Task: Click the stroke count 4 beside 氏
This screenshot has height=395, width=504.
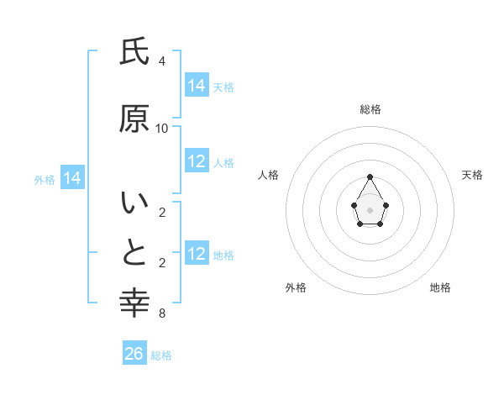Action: pyautogui.click(x=162, y=61)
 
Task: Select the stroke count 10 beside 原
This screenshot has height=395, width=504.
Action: pyautogui.click(x=162, y=129)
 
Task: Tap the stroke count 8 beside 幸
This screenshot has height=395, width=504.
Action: pyautogui.click(x=162, y=313)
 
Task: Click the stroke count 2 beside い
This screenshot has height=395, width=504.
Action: pyautogui.click(x=162, y=213)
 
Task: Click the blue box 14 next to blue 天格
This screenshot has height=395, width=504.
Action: pyautogui.click(x=197, y=86)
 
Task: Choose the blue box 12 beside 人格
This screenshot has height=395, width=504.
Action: pyautogui.click(x=197, y=161)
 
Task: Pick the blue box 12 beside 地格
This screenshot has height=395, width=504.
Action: pyautogui.click(x=197, y=254)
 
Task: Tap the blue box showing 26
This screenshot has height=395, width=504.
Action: pyautogui.click(x=134, y=354)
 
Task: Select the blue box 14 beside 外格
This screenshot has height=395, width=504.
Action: pyautogui.click(x=71, y=178)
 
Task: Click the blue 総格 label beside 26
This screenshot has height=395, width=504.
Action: pyautogui.click(x=161, y=355)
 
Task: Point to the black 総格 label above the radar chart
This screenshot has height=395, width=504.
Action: pyautogui.click(x=370, y=109)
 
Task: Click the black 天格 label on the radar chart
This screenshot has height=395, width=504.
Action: pyautogui.click(x=472, y=175)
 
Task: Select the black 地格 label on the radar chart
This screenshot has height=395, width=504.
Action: pyautogui.click(x=440, y=287)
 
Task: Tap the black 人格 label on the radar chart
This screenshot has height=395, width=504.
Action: pyautogui.click(x=269, y=175)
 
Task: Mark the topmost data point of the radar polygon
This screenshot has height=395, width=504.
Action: pyautogui.click(x=370, y=176)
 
